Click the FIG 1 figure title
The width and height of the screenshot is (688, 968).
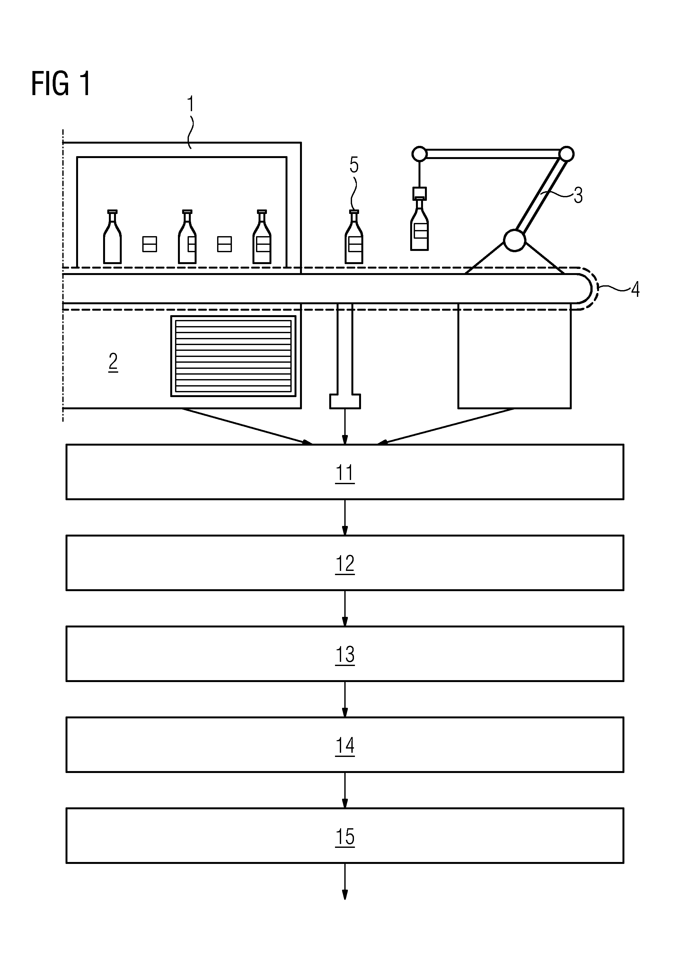(61, 84)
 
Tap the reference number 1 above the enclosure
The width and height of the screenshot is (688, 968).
(191, 104)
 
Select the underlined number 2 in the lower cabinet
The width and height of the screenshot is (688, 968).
(113, 362)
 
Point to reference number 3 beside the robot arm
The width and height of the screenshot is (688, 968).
(578, 195)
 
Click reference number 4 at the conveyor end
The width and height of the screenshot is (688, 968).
(635, 289)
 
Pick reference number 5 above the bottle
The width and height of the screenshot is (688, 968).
(354, 165)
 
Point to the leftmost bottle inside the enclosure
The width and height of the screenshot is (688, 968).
(112, 237)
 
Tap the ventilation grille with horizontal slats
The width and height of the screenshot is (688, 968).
(233, 356)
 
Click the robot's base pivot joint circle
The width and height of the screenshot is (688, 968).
(514, 240)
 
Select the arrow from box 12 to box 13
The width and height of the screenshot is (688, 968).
(345, 608)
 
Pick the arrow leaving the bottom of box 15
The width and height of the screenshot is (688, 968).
(345, 882)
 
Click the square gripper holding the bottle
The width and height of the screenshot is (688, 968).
(419, 194)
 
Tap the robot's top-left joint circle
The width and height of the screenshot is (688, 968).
(419, 154)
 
